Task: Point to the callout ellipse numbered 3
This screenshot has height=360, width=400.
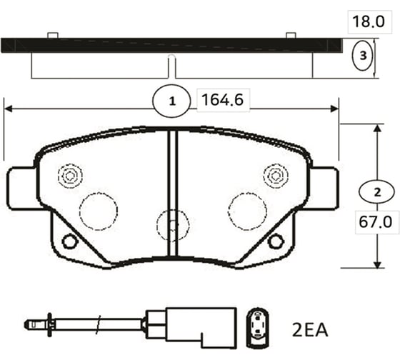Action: [364, 55]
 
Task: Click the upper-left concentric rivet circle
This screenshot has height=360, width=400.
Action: [70, 174]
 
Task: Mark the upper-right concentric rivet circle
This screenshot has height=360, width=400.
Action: [274, 174]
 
